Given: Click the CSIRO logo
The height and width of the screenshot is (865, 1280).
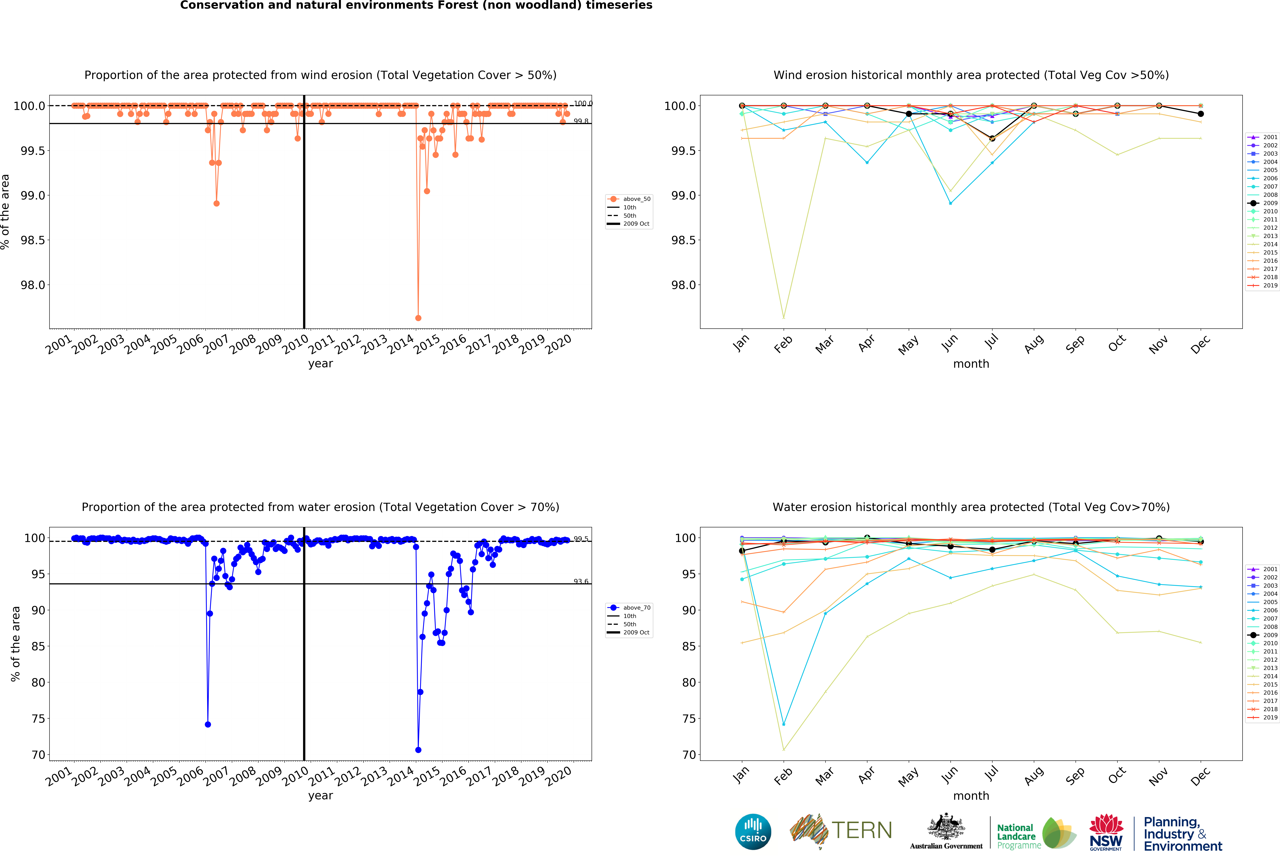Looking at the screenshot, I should coord(753,831).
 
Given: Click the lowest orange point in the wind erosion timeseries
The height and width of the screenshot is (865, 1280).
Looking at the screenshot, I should coord(418,318).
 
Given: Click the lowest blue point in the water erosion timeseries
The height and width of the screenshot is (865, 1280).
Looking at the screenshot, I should coord(418,750).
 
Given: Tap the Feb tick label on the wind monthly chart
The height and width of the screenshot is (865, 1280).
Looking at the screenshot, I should coord(783,344).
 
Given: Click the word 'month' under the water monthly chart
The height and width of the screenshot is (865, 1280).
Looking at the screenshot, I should coord(971,796).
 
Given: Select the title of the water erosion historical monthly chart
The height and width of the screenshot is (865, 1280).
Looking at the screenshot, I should coord(971,507).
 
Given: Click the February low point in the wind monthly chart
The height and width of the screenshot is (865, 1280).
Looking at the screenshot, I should coord(783,317).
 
